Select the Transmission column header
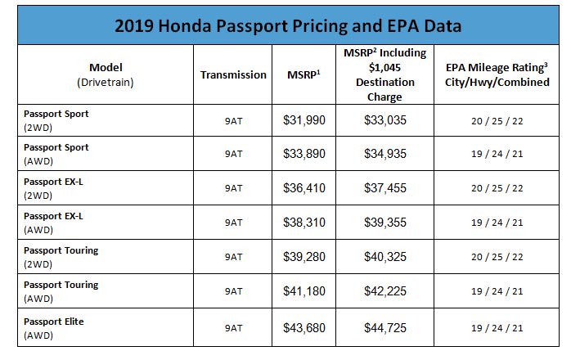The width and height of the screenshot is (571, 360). (233, 74)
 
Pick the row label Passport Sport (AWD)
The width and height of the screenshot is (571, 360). (56, 153)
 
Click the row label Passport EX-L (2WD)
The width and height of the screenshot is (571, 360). (54, 187)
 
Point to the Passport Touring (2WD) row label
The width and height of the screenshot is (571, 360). (61, 256)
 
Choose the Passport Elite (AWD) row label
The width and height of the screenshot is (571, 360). (54, 327)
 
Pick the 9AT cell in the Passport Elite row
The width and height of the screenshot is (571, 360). (233, 328)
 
